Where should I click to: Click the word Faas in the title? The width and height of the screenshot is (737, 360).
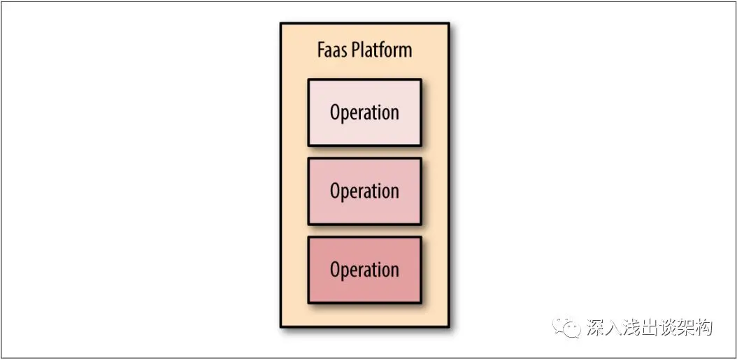pyautogui.click(x=332, y=50)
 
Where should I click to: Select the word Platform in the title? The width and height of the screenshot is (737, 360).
pyautogui.click(x=381, y=51)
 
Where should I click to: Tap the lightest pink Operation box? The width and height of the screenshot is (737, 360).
pyautogui.click(x=364, y=113)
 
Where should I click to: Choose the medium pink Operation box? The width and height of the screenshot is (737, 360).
pyautogui.click(x=364, y=191)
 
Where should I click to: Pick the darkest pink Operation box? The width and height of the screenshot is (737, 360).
pyautogui.click(x=364, y=270)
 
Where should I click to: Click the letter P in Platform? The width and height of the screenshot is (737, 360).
pyautogui.click(x=355, y=50)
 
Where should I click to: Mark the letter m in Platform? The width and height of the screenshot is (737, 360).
pyautogui.click(x=405, y=52)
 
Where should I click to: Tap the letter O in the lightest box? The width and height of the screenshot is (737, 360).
pyautogui.click(x=336, y=113)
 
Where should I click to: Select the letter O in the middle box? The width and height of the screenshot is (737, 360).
pyautogui.click(x=336, y=191)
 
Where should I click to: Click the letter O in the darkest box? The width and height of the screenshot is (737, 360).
pyautogui.click(x=336, y=270)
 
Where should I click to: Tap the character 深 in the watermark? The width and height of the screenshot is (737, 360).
pyautogui.click(x=596, y=327)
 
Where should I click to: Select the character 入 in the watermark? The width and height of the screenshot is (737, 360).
pyautogui.click(x=613, y=327)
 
